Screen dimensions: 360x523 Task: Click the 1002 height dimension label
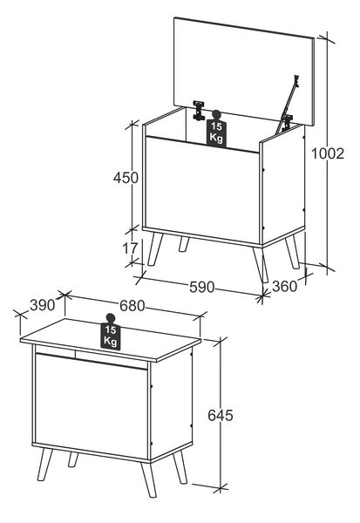point(327,153)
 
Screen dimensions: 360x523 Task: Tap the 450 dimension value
point(126,178)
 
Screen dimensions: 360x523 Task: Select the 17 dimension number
point(130,248)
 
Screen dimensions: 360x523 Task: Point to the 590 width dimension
point(201,287)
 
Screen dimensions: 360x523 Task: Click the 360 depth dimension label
point(284,286)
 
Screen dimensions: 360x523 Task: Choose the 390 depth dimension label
point(42,305)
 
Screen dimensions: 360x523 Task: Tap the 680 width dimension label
point(132,306)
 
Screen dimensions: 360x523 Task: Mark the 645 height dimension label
point(221,415)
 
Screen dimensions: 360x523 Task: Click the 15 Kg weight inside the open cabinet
point(216,129)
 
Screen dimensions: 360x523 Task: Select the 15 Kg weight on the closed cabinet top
point(111,332)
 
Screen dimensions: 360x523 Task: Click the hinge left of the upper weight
point(199,110)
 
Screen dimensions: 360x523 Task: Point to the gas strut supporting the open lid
point(288,103)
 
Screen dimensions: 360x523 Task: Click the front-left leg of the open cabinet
point(155,249)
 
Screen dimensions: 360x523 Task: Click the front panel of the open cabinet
point(202,189)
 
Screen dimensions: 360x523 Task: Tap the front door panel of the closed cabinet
point(91,406)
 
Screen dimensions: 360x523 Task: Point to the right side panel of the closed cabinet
point(171,404)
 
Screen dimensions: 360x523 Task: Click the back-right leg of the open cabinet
point(292,252)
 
